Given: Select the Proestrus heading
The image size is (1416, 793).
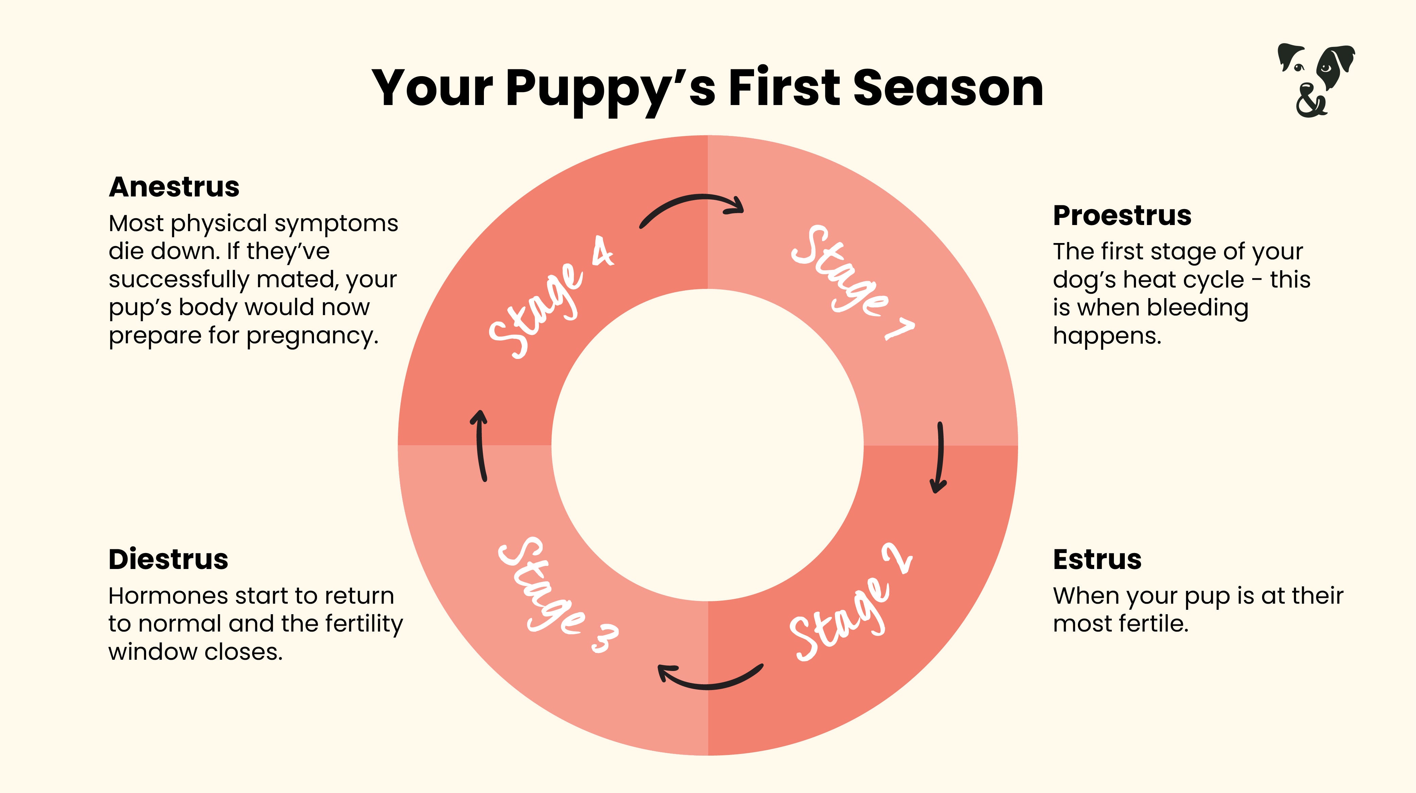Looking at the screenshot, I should tap(1122, 215).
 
